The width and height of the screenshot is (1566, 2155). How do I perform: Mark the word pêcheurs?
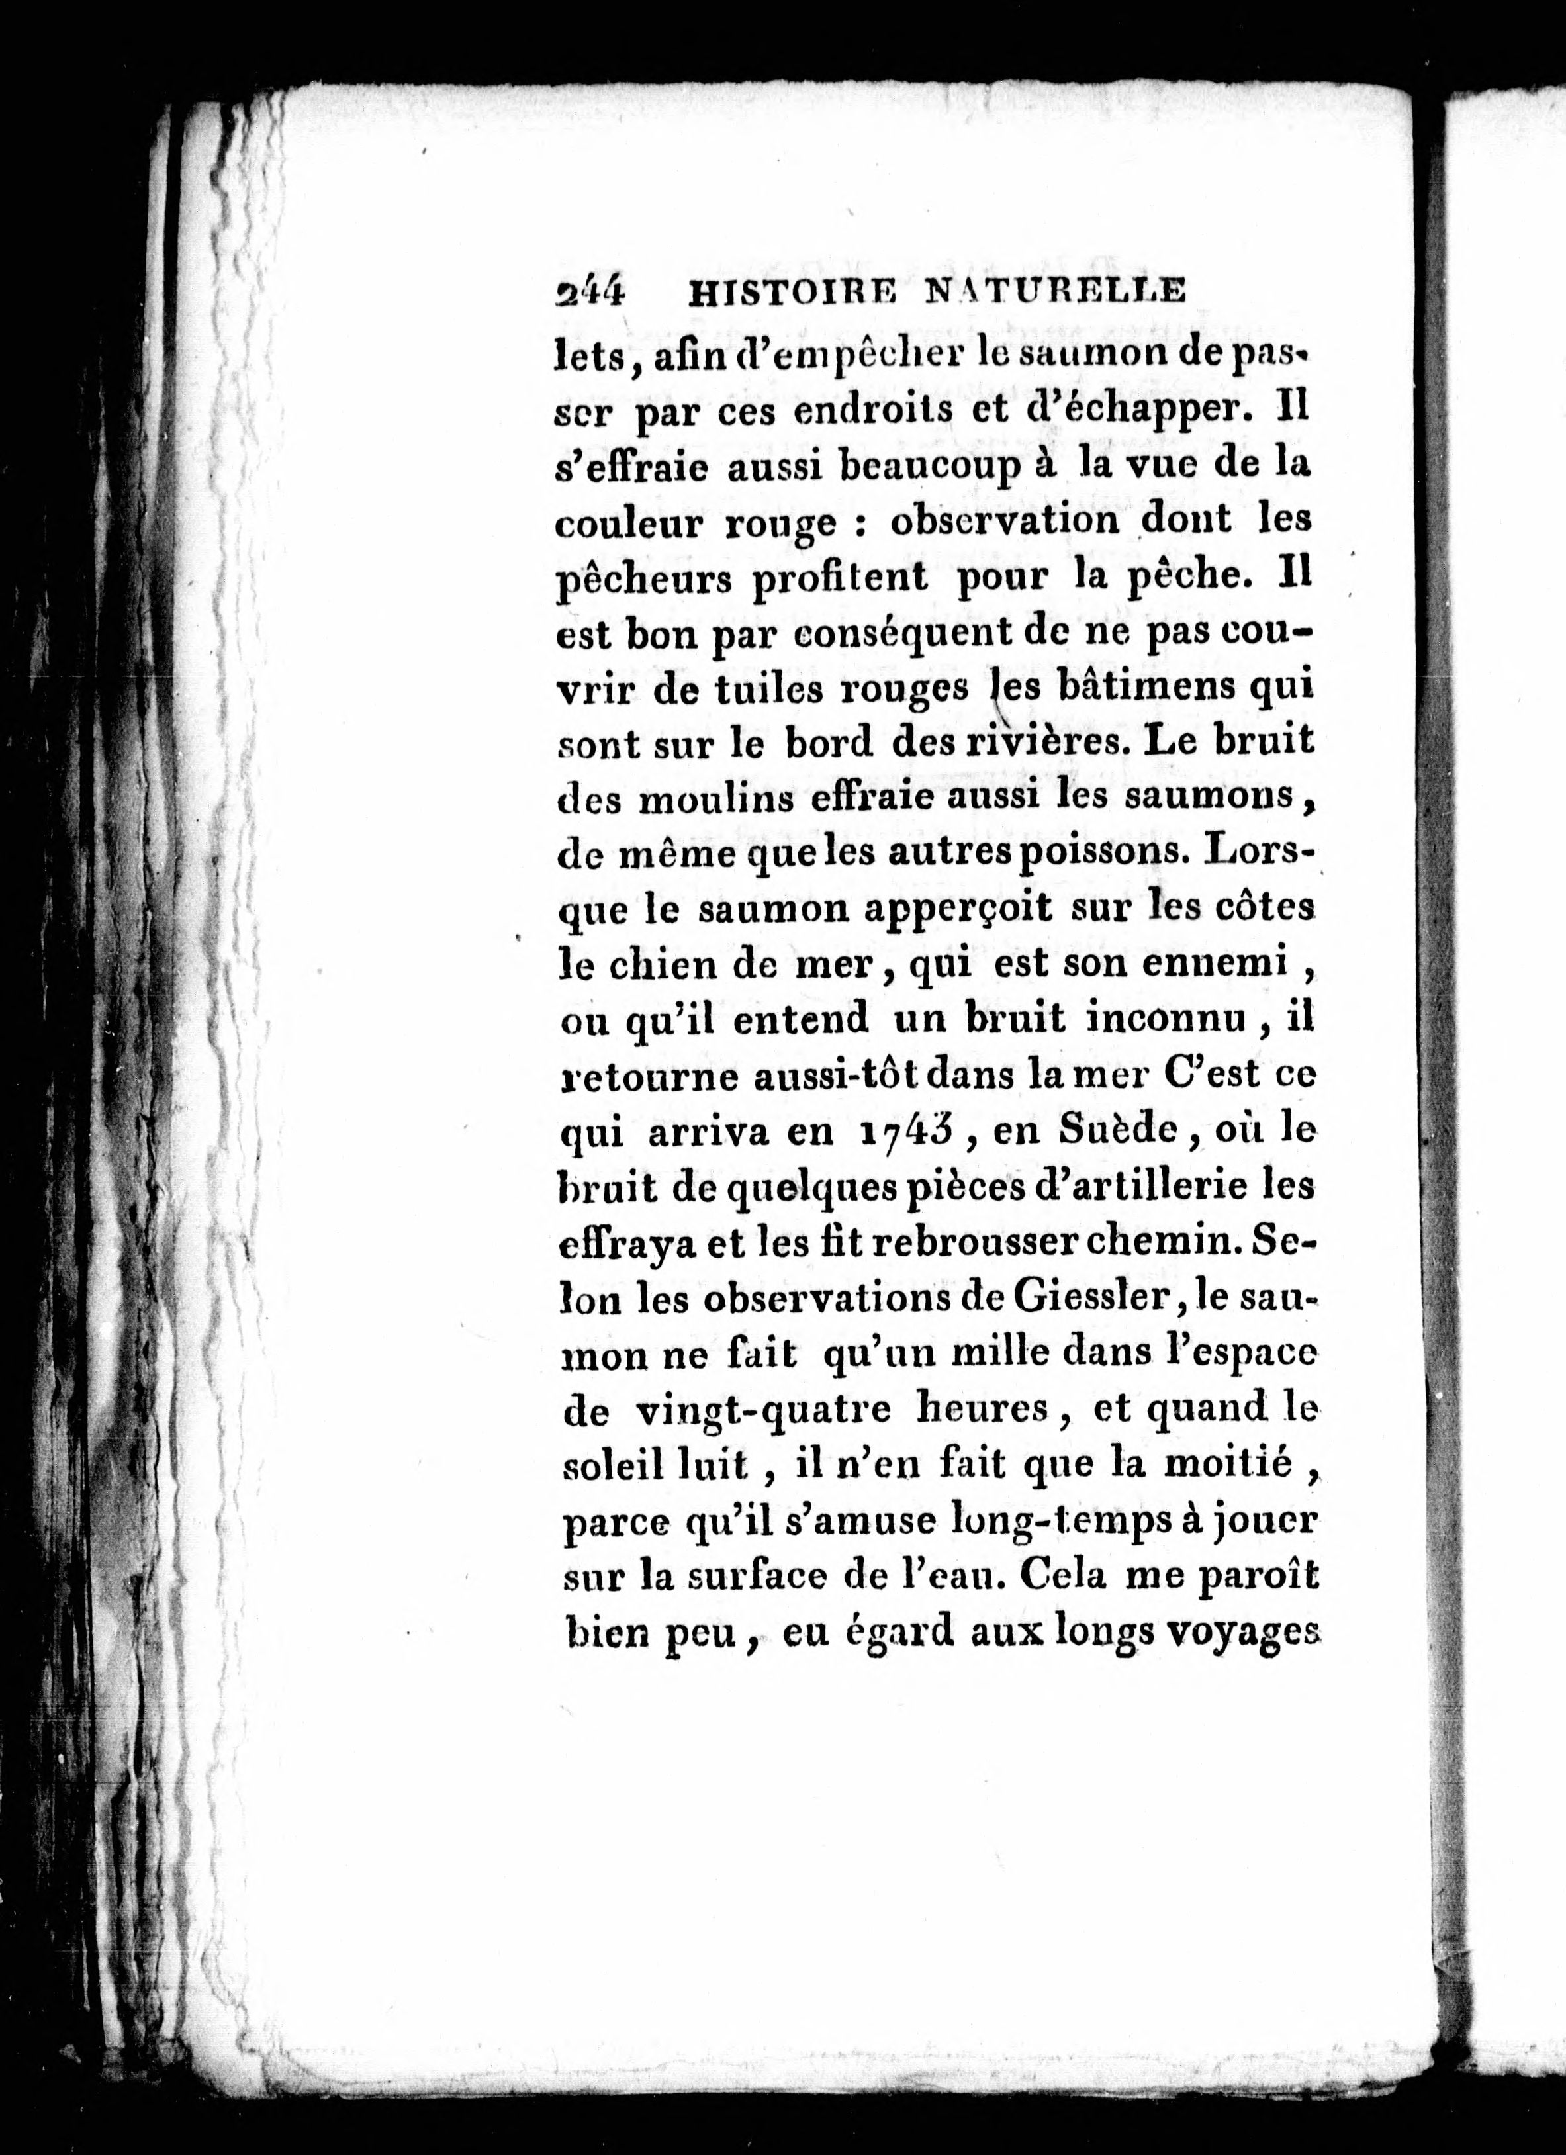[x=644, y=578]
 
